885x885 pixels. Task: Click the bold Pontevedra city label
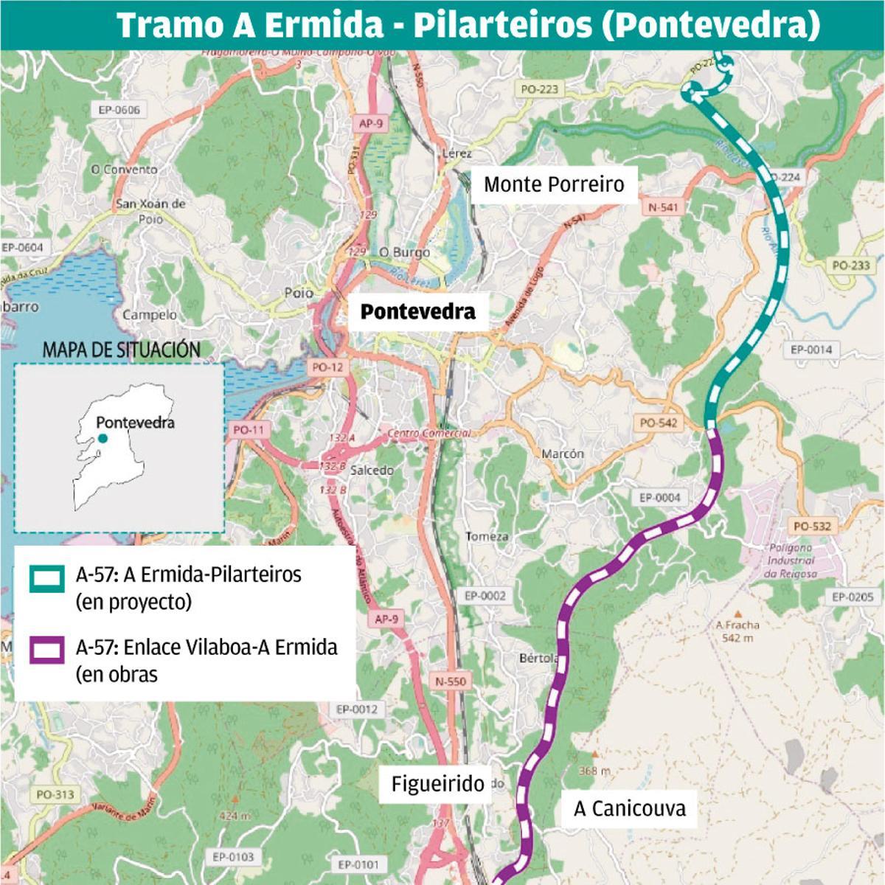click(x=417, y=312)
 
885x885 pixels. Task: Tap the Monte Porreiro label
click(x=554, y=184)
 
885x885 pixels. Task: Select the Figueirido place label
click(x=437, y=784)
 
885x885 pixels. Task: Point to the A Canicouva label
click(x=629, y=808)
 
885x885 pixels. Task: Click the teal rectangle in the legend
click(x=46, y=579)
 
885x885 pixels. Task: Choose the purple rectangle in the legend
click(x=46, y=651)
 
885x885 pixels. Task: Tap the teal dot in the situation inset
click(x=103, y=439)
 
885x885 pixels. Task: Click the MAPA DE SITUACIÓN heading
click(x=121, y=350)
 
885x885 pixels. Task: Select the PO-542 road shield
click(x=658, y=423)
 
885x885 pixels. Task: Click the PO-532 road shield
click(x=811, y=526)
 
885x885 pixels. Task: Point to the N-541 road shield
click(x=662, y=208)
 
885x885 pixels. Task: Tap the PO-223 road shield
click(x=539, y=89)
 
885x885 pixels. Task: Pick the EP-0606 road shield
click(x=119, y=110)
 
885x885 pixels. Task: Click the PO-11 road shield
click(x=248, y=430)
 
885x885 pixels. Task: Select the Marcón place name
click(x=563, y=454)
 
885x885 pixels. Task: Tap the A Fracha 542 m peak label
click(x=737, y=631)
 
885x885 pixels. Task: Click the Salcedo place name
click(x=372, y=471)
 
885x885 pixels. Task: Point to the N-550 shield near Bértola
click(x=450, y=681)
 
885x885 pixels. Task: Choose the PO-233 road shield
click(x=850, y=265)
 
